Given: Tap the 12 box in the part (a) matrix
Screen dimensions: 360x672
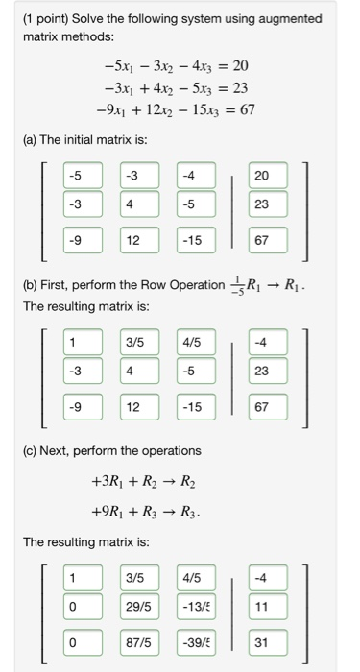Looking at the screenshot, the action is [139, 241].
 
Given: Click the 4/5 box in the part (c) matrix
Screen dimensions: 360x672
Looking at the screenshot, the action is [196, 577].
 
